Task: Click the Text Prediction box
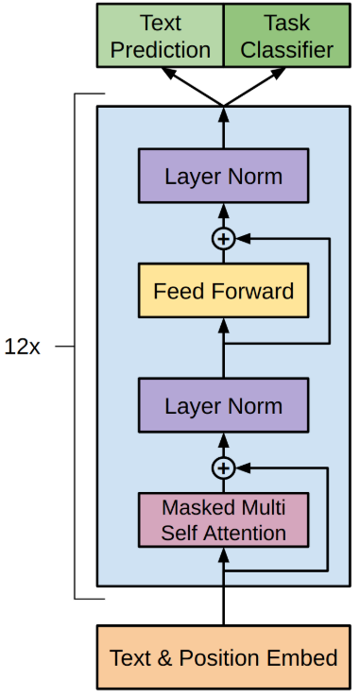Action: click(161, 36)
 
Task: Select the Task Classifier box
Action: click(287, 36)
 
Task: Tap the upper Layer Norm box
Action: click(223, 176)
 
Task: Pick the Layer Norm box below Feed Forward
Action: click(223, 405)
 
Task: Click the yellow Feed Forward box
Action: click(223, 291)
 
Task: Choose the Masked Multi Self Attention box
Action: click(223, 519)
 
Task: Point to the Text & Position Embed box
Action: click(223, 657)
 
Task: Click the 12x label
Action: click(23, 347)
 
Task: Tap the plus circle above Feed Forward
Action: click(223, 239)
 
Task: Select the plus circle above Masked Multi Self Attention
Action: click(223, 467)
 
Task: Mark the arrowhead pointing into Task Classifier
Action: click(279, 73)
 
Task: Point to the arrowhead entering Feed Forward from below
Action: click(223, 326)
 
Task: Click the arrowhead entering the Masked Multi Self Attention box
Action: click(223, 555)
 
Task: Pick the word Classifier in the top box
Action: click(287, 50)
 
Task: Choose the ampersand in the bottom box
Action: click(165, 658)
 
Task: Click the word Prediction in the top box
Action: click(161, 50)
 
